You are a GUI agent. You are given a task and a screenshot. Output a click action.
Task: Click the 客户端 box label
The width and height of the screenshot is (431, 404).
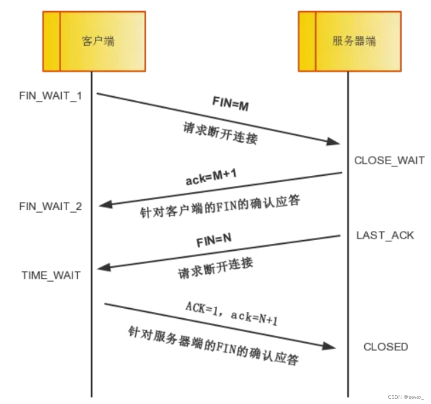(x=98, y=41)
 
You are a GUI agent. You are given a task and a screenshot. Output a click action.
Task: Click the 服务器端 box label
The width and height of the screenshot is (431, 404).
(x=354, y=41)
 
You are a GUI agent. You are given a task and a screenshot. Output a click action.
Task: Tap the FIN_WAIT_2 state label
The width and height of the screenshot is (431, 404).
(x=50, y=206)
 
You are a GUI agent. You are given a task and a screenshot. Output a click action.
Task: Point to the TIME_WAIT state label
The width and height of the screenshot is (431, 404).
(x=51, y=275)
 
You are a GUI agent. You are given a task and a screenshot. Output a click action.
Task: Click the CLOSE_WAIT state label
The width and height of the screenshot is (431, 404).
(x=389, y=161)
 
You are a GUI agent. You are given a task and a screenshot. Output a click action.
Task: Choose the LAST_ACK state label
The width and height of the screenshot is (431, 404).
(x=385, y=236)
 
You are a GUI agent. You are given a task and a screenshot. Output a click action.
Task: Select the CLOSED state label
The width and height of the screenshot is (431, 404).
(x=386, y=347)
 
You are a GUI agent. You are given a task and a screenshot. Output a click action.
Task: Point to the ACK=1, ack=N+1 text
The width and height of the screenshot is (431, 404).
(x=231, y=313)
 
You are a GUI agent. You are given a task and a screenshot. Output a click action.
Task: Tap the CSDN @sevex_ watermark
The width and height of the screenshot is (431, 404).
(x=406, y=397)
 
